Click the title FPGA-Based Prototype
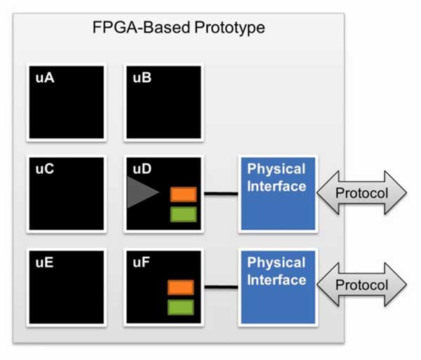[178, 27]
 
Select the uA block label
[45, 78]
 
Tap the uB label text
[142, 78]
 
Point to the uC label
[45, 169]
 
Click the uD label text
[142, 169]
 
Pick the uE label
[45, 262]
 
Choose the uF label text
[141, 262]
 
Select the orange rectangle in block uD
[183, 194]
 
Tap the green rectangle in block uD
[183, 215]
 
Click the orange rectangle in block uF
[181, 288]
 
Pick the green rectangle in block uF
[181, 307]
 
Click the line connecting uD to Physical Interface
[221, 193]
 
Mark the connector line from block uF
[221, 287]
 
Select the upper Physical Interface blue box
[278, 194]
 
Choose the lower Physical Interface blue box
[278, 287]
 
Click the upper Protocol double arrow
[361, 192]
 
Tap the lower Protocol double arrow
[361, 285]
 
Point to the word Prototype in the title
[230, 27]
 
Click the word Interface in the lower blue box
[276, 280]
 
